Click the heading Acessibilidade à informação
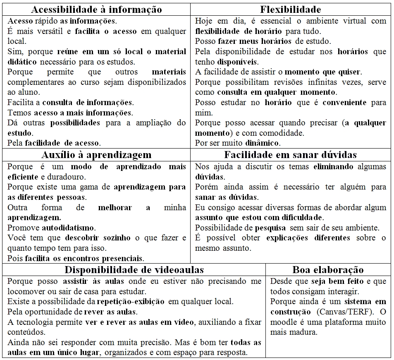click(x=96, y=10)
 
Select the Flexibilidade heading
click(x=291, y=10)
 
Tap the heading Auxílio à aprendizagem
click(x=96, y=155)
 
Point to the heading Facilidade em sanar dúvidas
click(x=290, y=155)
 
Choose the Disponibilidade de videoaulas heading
click(x=134, y=270)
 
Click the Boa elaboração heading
click(x=328, y=270)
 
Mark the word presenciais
click(x=124, y=259)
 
